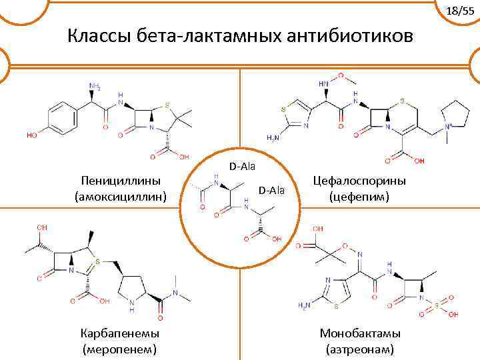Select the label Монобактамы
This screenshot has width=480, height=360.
pos(360,333)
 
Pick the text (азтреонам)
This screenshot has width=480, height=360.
pos(360,348)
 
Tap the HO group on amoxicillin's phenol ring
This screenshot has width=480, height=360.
pos(31,135)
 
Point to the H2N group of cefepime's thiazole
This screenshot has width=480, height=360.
pos(273,137)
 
